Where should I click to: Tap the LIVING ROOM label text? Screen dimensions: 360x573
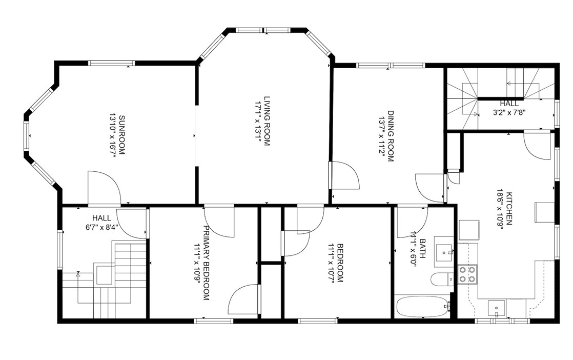click(x=267, y=121)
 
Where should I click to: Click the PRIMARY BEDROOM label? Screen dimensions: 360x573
click(x=207, y=263)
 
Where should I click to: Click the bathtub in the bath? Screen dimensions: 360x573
click(x=422, y=307)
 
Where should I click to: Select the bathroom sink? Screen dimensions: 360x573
click(x=444, y=252)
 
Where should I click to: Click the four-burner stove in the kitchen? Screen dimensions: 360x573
click(x=467, y=274)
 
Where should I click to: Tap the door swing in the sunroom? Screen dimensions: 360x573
click(x=104, y=187)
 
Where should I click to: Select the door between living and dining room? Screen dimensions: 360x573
click(x=343, y=177)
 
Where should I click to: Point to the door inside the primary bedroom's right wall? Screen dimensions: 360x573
click(x=242, y=301)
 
